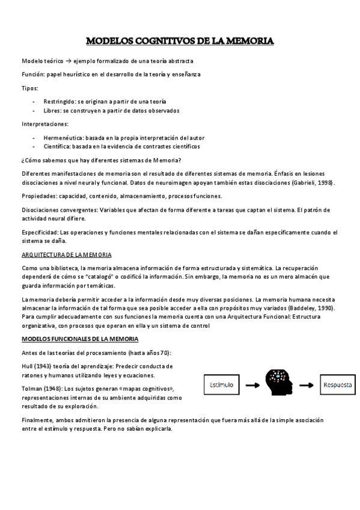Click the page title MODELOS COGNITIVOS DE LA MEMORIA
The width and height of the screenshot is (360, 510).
point(180,41)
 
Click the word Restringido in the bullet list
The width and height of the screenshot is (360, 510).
point(59,102)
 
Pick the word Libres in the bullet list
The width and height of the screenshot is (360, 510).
point(52,111)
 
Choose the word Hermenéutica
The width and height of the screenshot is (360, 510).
point(63,138)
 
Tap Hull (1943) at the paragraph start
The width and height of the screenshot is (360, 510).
point(37,366)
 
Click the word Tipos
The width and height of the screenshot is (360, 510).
point(30,88)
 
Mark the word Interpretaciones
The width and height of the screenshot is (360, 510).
point(45,124)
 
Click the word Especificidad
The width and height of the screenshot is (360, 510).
point(40,232)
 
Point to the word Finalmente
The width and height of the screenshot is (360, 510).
point(37,420)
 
